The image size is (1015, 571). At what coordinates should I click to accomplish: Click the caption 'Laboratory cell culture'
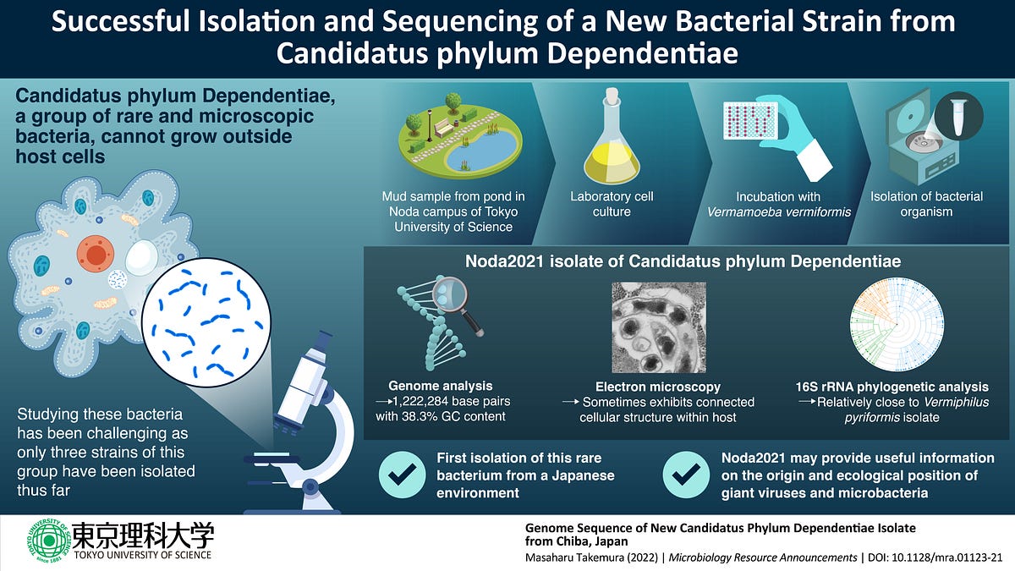tap(612, 204)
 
